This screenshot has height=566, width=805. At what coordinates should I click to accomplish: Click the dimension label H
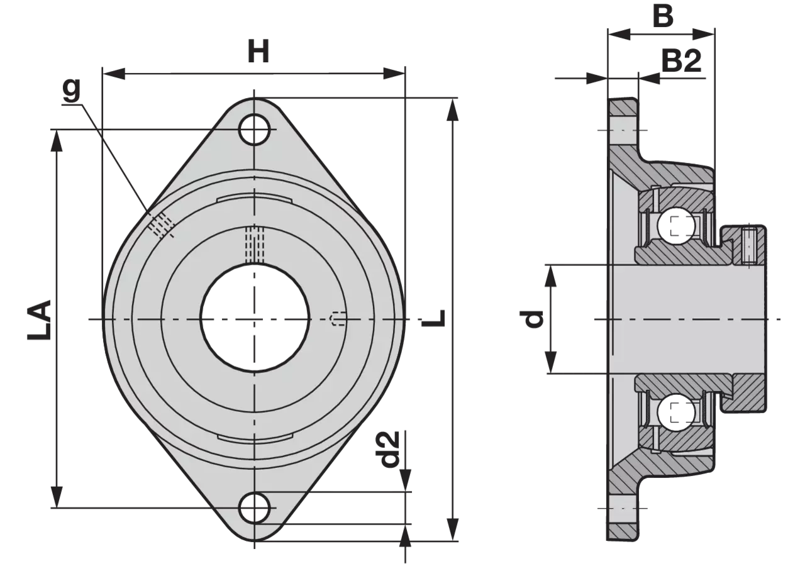258,52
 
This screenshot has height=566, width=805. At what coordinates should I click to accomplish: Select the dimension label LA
39,320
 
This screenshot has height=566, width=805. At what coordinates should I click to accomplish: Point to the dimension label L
434,318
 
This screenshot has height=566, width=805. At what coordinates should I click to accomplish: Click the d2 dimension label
387,449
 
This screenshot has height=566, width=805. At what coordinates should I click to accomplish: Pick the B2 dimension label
681,61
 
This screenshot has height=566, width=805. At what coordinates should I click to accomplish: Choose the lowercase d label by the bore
531,319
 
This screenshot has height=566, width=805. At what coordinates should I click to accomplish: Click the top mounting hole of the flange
255,129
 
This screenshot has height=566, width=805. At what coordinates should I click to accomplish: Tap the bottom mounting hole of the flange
255,508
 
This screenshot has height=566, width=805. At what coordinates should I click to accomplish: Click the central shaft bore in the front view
255,318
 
